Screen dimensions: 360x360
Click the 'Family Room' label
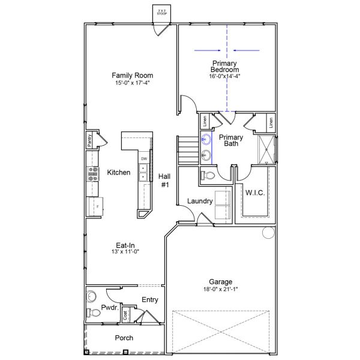(132, 76)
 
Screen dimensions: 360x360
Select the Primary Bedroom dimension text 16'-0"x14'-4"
(224, 76)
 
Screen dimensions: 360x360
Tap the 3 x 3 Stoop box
(161, 12)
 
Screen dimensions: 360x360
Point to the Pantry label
(89, 140)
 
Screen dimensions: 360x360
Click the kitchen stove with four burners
(94, 173)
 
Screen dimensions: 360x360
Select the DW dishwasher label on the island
(144, 158)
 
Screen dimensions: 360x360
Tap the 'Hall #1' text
(164, 181)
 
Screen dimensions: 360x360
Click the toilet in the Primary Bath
(208, 175)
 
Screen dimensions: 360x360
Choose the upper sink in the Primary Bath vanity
(206, 140)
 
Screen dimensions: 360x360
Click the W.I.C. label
(255, 193)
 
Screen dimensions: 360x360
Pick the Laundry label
(200, 201)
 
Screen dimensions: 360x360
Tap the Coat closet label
(125, 314)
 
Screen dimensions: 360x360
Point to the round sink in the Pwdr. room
(92, 295)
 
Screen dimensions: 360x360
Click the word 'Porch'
(124, 338)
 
